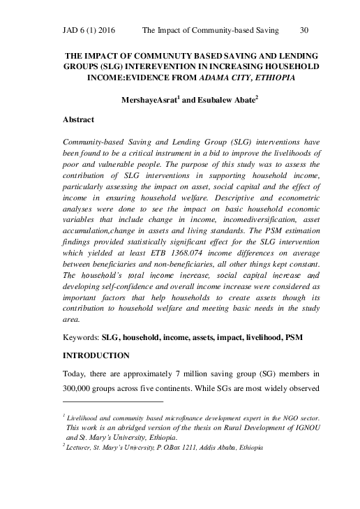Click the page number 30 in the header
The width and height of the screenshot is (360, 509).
point(303,31)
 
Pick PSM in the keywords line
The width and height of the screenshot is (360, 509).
point(293,336)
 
